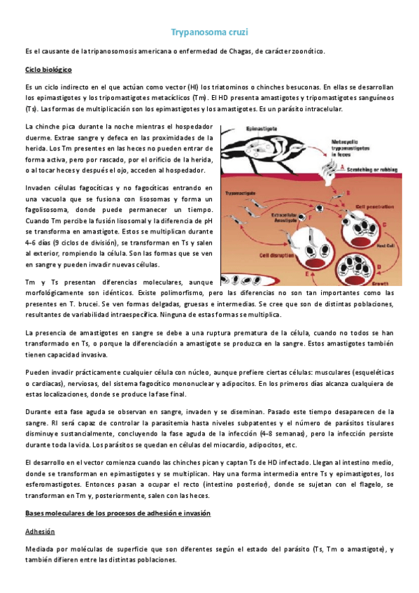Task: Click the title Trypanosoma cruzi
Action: [x=209, y=32]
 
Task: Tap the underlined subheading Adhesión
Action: [x=41, y=531]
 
